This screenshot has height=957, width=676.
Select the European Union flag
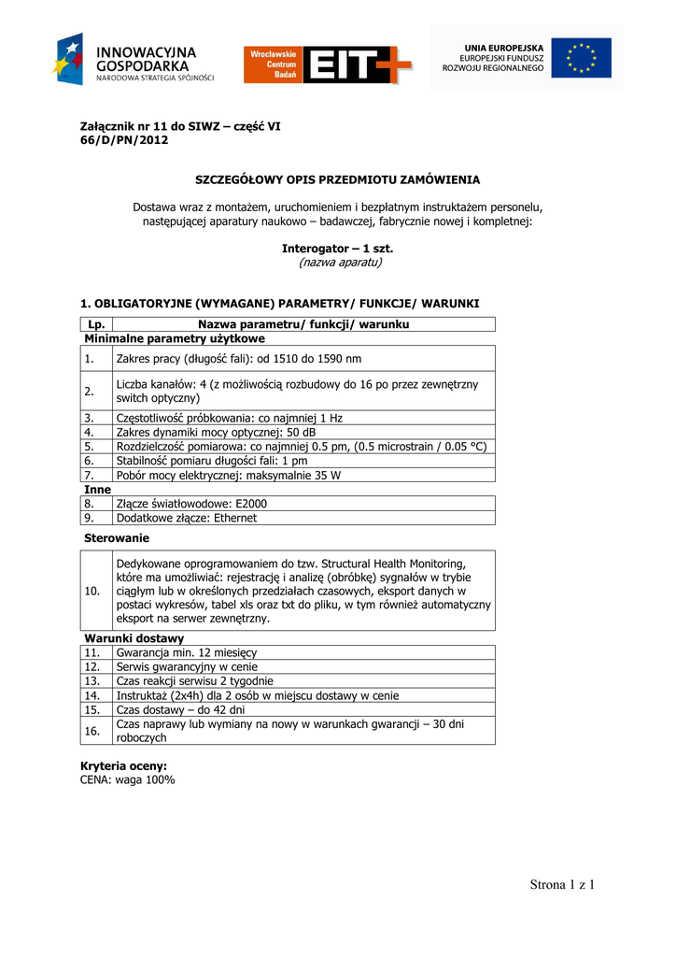(580, 58)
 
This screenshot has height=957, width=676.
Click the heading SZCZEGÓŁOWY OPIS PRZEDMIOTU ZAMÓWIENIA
(337, 179)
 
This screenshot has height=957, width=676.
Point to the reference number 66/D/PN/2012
(125, 140)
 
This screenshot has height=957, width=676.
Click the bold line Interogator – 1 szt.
(337, 249)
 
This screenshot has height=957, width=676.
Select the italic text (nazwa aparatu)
(340, 263)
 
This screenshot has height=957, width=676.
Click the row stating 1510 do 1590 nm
(239, 359)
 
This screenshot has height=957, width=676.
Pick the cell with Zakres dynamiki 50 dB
(216, 433)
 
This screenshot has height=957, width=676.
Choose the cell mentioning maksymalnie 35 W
(229, 475)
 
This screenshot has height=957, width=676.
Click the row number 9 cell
(90, 517)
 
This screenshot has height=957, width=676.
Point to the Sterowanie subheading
(117, 538)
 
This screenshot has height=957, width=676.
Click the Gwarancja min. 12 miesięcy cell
(187, 652)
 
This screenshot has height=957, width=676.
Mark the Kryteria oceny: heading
(124, 766)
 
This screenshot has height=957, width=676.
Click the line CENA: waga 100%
(128, 779)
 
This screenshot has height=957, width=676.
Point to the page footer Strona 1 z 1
(562, 885)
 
